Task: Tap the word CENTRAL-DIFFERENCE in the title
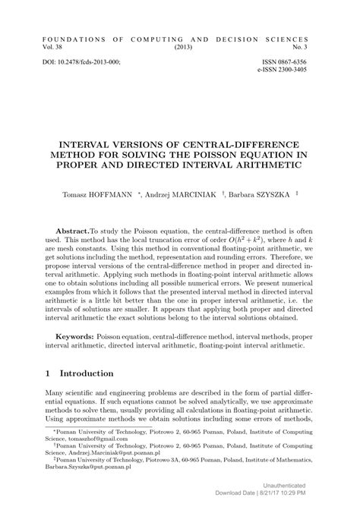coord(229,143)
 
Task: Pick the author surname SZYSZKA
coord(268,194)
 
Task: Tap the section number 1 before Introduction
coord(47,374)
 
